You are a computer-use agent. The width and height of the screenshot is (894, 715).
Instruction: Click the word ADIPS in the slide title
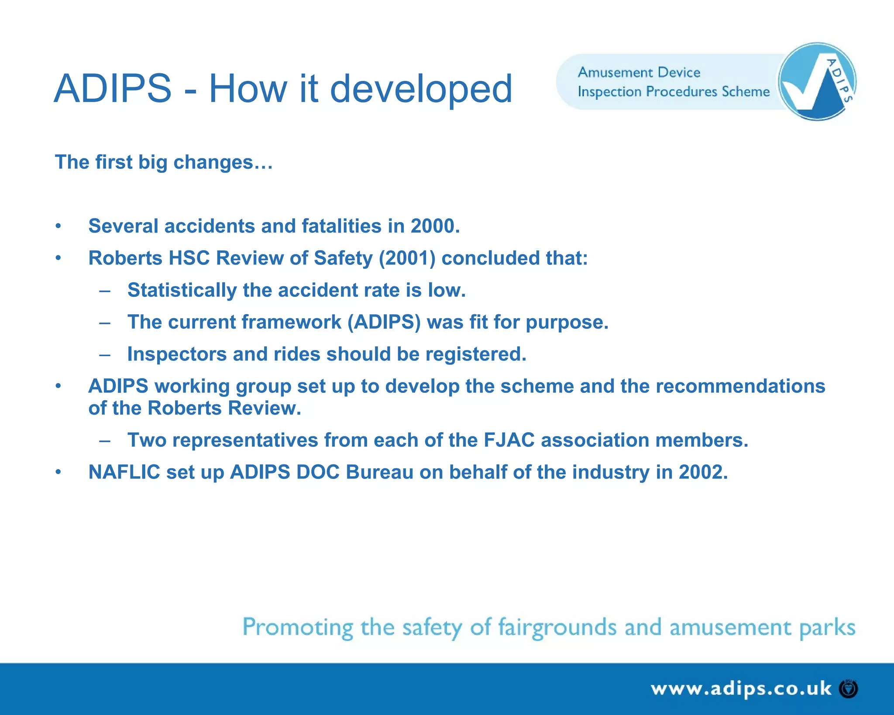point(113,89)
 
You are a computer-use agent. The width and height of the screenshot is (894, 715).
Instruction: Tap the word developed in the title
point(421,89)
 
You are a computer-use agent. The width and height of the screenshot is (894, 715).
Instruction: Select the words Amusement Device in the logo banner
point(639,72)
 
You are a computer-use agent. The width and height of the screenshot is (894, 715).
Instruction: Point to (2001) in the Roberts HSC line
point(407,258)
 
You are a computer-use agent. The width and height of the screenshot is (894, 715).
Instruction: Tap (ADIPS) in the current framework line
point(384,322)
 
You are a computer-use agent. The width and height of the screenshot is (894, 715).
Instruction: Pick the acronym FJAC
point(509,440)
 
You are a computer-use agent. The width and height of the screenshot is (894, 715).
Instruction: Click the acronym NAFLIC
point(124,472)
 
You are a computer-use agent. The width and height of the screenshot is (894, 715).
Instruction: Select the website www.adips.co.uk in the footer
point(741,689)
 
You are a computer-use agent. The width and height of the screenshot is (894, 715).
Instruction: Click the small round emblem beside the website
point(849,689)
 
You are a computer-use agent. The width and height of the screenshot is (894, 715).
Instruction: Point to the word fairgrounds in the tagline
point(557,628)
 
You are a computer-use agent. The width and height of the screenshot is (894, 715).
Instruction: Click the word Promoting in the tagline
point(297,628)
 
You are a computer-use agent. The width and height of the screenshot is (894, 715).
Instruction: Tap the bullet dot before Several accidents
point(58,226)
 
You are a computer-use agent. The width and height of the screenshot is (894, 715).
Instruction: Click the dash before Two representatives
point(105,440)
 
